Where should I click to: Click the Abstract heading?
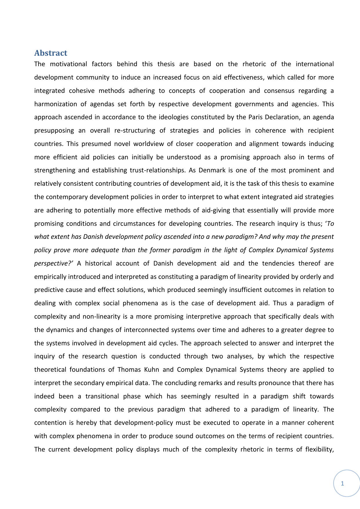pyautogui.click(x=51, y=53)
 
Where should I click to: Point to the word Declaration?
pyautogui.click(x=283, y=117)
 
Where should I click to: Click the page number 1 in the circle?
pyautogui.click(x=343, y=483)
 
